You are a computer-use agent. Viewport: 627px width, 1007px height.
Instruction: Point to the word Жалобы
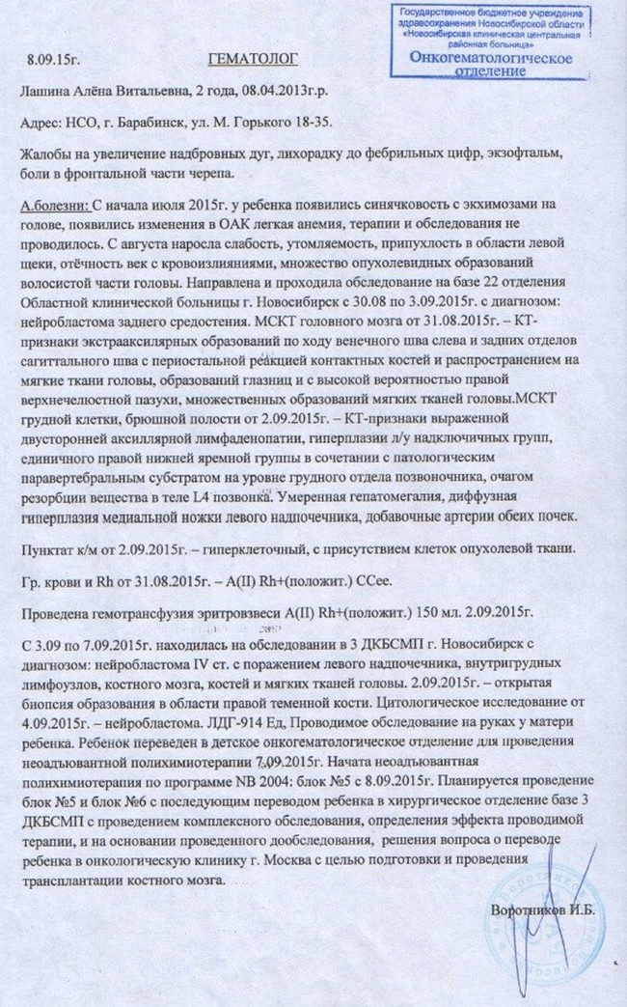(43, 157)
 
